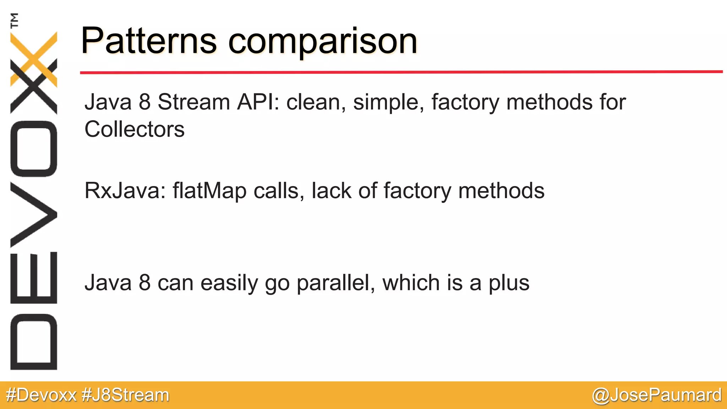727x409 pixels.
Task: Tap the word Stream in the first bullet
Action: coord(194,102)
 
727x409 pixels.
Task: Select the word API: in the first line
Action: coord(258,102)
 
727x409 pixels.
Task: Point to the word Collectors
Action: coord(134,129)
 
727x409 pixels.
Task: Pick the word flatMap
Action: coord(209,191)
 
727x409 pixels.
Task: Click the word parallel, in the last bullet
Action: coord(336,283)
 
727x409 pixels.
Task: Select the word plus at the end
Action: coord(509,283)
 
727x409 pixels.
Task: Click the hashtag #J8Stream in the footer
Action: coord(125,395)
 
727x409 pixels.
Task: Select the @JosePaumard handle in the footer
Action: coord(657,395)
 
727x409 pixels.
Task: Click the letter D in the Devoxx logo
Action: coord(34,342)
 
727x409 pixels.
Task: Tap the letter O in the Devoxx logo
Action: coord(34,148)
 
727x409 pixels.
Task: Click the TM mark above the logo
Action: coord(14,20)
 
